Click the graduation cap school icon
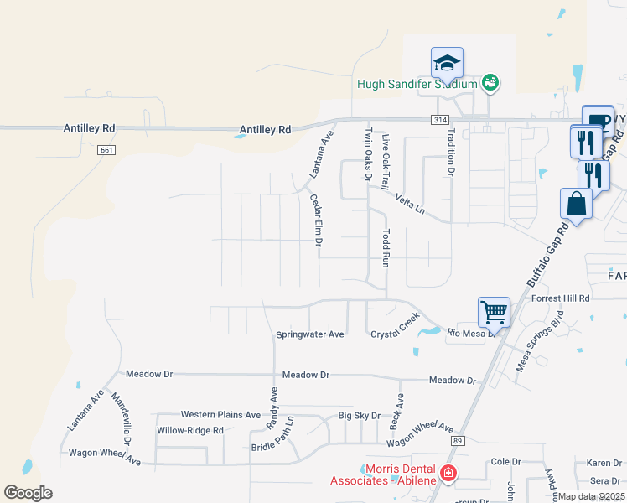point(447,63)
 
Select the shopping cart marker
point(495,312)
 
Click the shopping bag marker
point(576,203)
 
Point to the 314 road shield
point(440,121)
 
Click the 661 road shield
point(106,150)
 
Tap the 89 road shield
point(457,440)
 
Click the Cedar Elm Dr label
point(317,220)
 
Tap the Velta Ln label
point(410,206)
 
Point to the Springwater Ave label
point(310,334)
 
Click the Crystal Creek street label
point(395,328)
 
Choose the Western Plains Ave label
point(221,415)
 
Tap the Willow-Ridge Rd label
point(190,431)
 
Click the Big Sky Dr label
point(359,416)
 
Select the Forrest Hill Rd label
point(561,298)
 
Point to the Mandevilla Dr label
point(122,420)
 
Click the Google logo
point(28,492)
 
